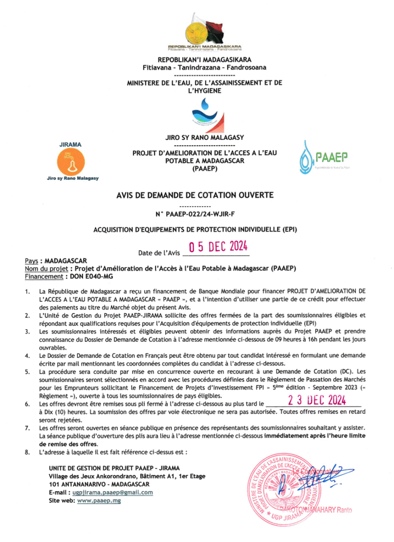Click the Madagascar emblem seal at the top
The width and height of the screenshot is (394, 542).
point(197,32)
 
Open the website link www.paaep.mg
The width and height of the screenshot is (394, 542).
point(98,500)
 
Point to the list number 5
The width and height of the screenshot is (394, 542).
point(28,372)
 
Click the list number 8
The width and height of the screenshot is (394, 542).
point(28,452)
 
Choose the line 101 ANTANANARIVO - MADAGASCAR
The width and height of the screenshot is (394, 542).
point(100,484)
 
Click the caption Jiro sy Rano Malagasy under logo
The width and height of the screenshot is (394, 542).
point(73,178)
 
